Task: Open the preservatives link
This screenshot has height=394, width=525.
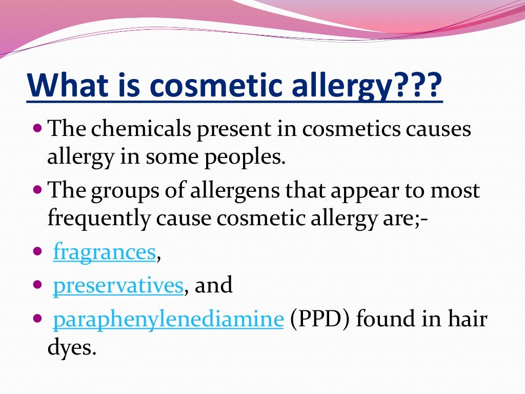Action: (118, 285)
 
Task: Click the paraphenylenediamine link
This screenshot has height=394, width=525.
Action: (168, 319)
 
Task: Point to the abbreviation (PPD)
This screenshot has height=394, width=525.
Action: (319, 319)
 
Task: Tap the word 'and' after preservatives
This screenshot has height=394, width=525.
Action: (214, 285)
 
